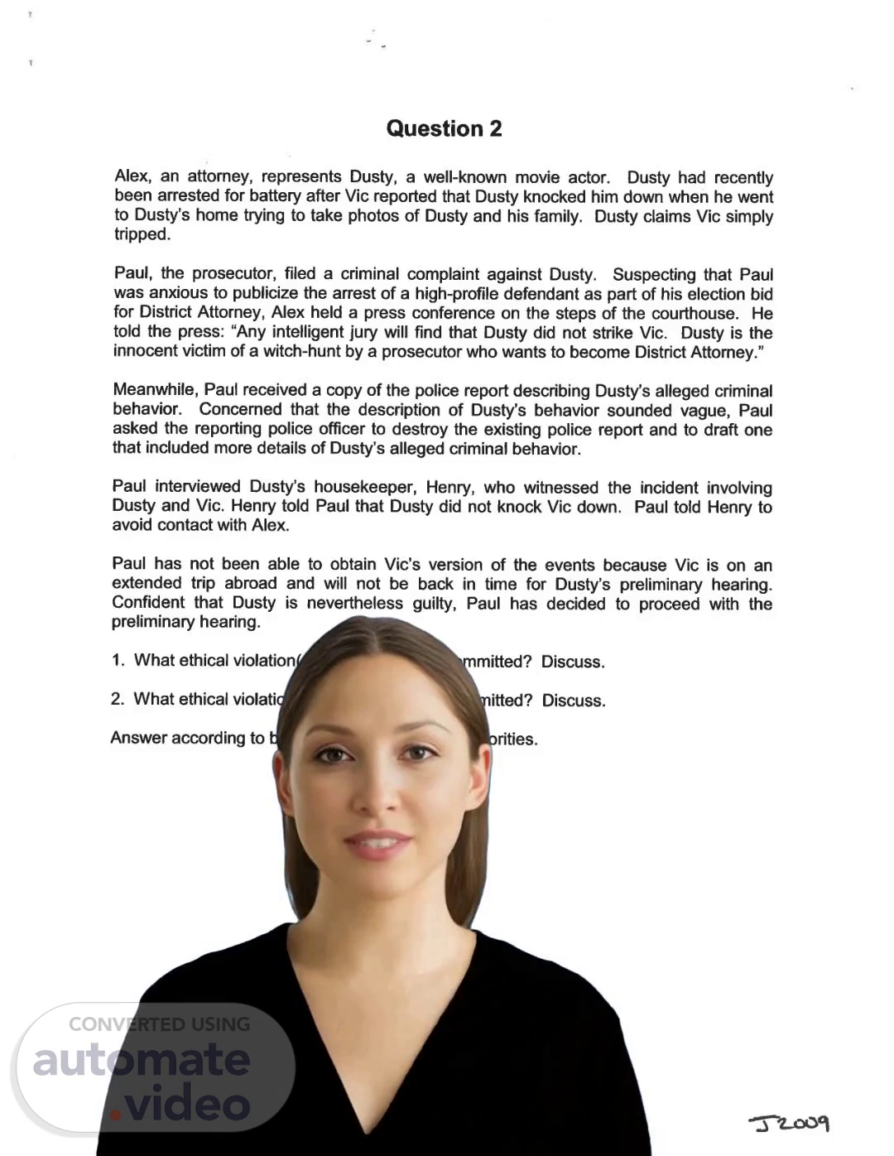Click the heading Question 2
(444, 128)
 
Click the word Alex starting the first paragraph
(132, 176)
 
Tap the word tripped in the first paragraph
(141, 234)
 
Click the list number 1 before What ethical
(118, 660)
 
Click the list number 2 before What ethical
(118, 699)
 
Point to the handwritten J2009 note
(789, 1123)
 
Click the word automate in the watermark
(142, 1060)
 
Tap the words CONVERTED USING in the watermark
(159, 1024)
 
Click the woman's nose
(374, 795)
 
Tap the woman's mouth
(377, 845)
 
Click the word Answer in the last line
(137, 738)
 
